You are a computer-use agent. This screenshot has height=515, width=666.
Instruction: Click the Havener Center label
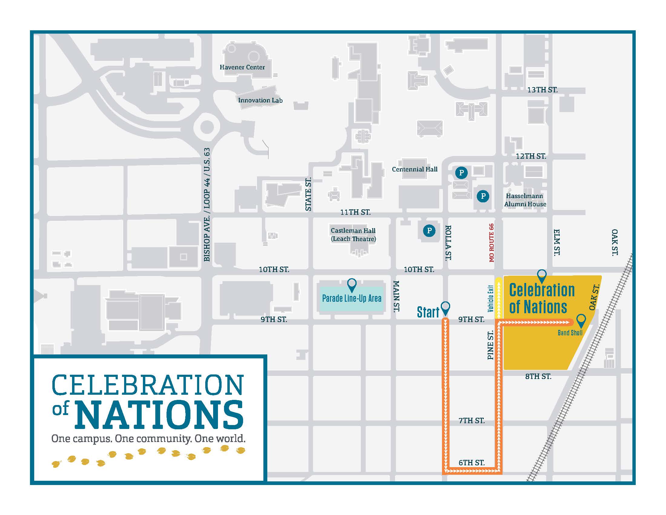click(x=242, y=67)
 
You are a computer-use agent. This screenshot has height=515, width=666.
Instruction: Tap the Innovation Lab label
click(x=260, y=100)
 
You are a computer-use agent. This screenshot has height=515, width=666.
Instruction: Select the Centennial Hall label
click(x=414, y=169)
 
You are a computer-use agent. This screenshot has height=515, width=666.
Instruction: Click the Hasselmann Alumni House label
click(x=525, y=200)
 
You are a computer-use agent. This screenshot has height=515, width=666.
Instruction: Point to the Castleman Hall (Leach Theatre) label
click(x=353, y=234)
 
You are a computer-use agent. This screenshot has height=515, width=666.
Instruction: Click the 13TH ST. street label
click(x=542, y=90)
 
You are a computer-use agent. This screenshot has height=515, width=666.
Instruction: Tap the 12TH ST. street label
click(x=531, y=156)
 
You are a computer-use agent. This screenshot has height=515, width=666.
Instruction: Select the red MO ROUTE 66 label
click(x=491, y=243)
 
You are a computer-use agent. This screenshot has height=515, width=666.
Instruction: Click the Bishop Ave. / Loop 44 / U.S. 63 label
click(x=207, y=204)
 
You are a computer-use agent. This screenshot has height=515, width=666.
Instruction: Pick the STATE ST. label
click(x=308, y=194)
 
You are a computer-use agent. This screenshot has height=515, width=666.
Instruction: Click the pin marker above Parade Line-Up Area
click(x=352, y=284)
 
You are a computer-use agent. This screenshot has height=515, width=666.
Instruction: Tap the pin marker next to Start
click(x=446, y=307)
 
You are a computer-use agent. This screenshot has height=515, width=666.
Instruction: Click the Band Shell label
click(x=570, y=333)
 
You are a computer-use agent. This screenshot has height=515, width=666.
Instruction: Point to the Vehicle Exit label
click(x=490, y=298)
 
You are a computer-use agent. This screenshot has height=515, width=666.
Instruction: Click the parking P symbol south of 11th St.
click(x=429, y=231)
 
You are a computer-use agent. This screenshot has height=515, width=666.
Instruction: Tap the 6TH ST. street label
click(x=471, y=463)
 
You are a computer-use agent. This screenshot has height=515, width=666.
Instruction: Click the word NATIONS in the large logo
click(x=160, y=414)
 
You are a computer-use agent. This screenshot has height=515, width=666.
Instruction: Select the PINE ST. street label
click(x=490, y=345)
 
